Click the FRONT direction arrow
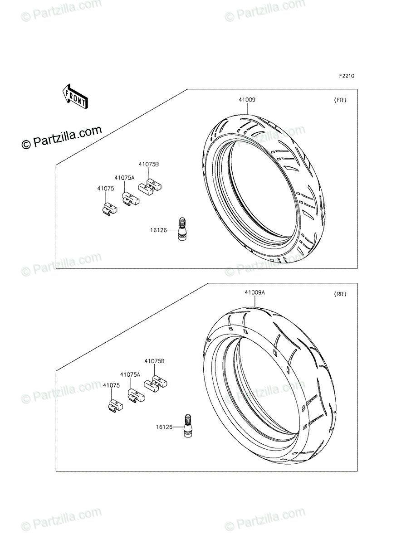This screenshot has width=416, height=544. (x=75, y=97)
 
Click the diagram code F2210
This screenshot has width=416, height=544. (x=347, y=76)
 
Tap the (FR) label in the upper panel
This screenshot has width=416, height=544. (x=340, y=100)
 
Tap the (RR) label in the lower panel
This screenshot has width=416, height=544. (x=340, y=294)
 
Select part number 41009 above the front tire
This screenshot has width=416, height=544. (x=247, y=100)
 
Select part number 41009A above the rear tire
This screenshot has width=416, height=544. (x=255, y=292)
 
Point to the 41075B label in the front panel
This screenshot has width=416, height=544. (x=149, y=164)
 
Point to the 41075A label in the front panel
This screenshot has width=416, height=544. (x=124, y=178)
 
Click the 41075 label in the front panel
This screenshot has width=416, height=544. (x=106, y=189)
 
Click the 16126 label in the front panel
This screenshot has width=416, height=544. (x=158, y=230)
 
